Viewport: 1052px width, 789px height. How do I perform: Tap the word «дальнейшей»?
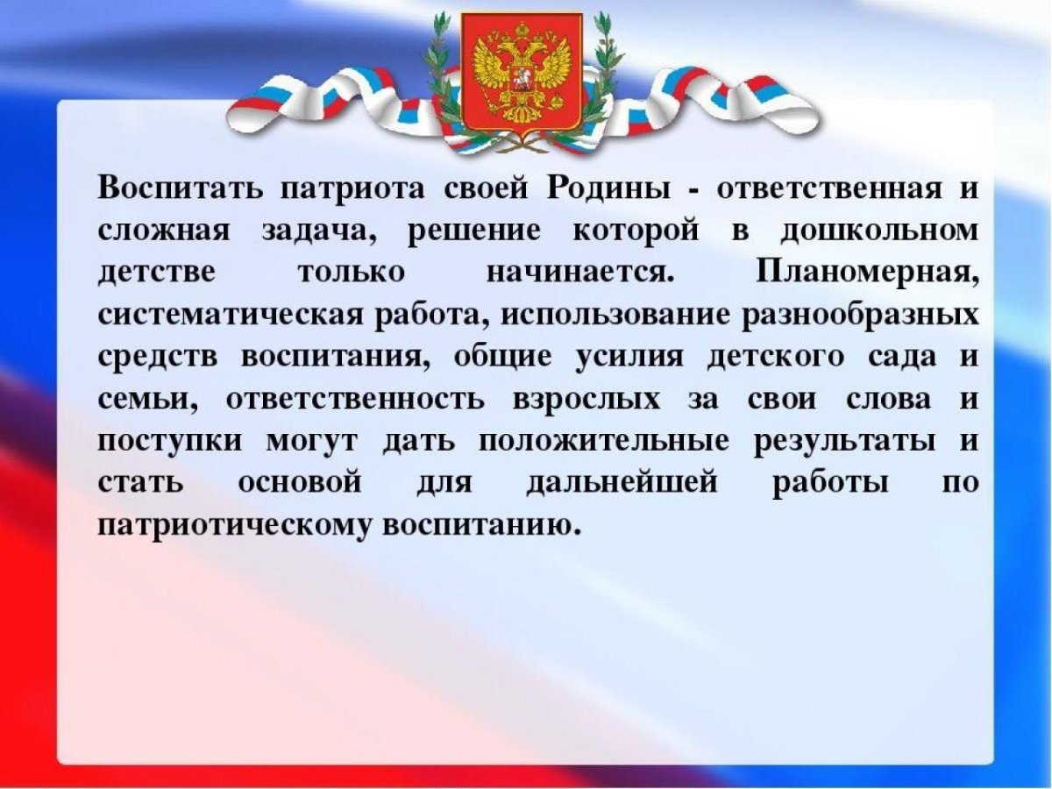(622, 484)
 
